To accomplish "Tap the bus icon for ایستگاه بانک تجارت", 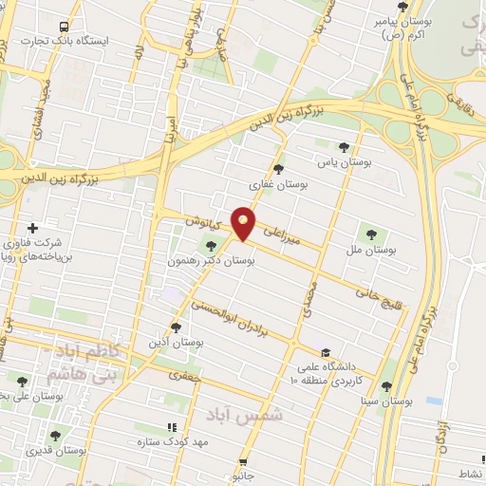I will (64, 28).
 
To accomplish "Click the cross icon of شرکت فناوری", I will (33, 228).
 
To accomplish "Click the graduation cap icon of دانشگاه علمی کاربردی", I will (326, 352).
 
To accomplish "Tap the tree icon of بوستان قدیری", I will (55, 437).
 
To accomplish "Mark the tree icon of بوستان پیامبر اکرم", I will (402, 6).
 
